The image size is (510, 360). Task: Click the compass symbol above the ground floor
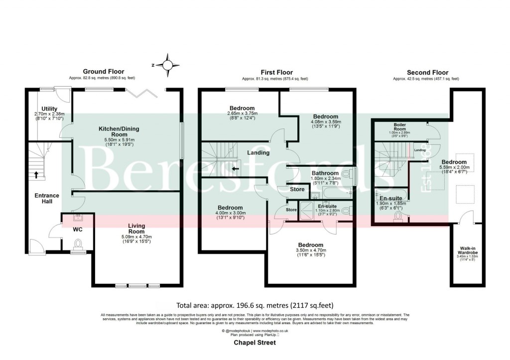(x=168, y=65)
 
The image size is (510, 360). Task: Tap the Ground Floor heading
(x=104, y=72)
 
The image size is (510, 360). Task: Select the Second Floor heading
(x=427, y=72)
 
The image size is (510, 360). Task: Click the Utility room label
(x=50, y=109)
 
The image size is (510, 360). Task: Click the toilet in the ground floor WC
(x=77, y=243)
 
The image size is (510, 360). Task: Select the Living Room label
(x=136, y=229)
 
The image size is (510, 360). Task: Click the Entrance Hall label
(x=47, y=199)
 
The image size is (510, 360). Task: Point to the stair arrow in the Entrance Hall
(x=36, y=175)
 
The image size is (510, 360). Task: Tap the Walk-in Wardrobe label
(x=467, y=250)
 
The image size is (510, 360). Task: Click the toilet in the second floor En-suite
(x=398, y=217)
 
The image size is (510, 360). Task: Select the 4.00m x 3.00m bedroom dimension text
(x=230, y=216)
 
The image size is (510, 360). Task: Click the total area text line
(x=255, y=305)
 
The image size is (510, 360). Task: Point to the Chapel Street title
(x=255, y=343)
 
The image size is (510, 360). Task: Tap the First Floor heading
(x=274, y=72)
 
